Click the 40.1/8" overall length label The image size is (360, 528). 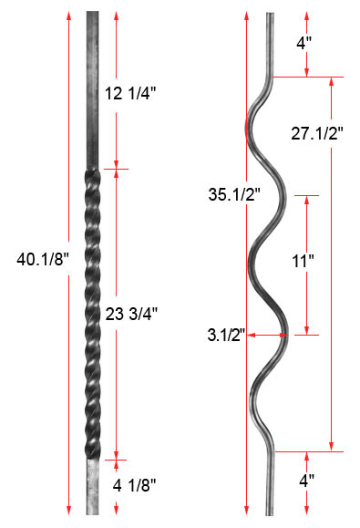(x=43, y=260)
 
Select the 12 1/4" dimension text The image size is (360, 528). (x=130, y=94)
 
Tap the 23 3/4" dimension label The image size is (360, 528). (x=131, y=315)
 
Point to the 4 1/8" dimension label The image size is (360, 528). (x=134, y=485)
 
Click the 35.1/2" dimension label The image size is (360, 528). (x=234, y=194)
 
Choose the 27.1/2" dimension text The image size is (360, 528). (x=317, y=133)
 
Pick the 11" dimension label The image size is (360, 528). (x=303, y=262)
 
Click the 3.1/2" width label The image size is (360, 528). (x=227, y=335)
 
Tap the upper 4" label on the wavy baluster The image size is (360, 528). (x=304, y=43)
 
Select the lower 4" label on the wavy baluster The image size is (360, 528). (x=306, y=481)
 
